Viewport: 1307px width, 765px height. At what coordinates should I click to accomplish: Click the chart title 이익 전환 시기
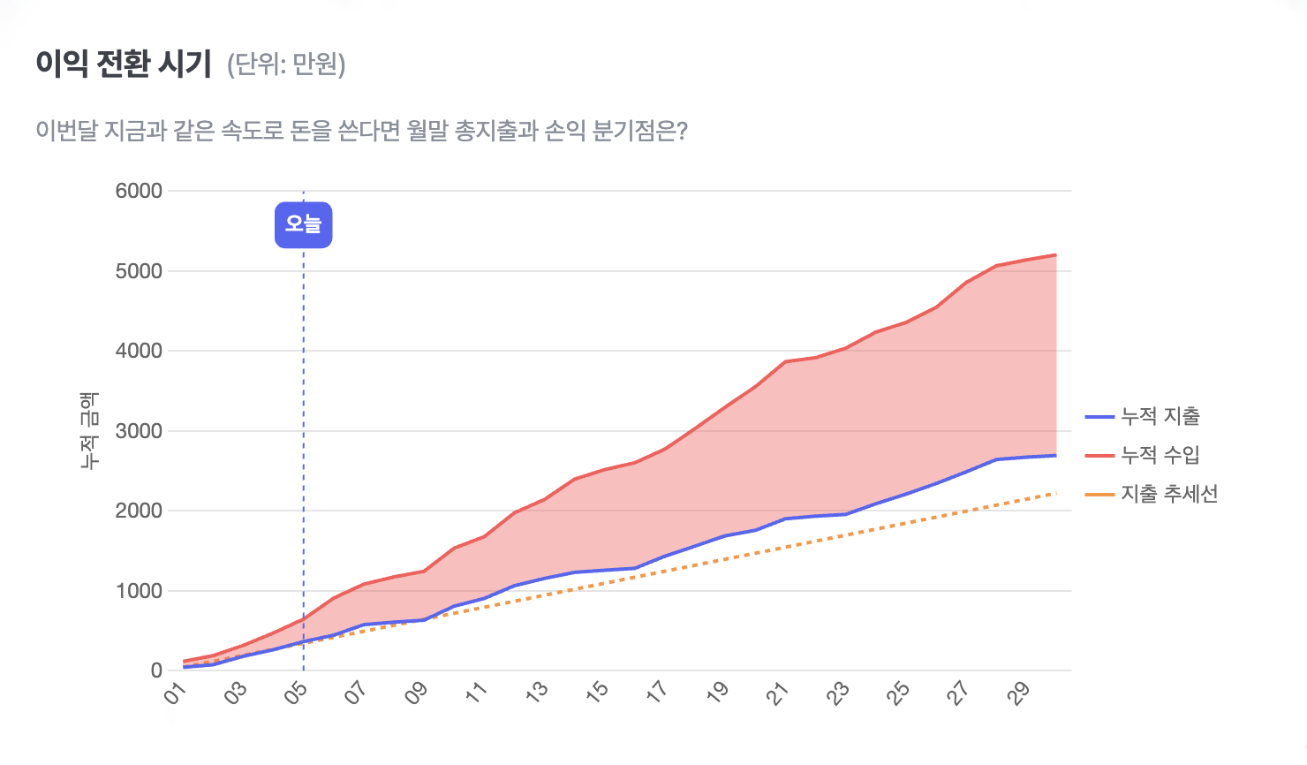pyautogui.click(x=124, y=64)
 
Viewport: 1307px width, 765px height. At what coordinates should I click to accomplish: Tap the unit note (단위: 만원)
pyautogui.click(x=286, y=64)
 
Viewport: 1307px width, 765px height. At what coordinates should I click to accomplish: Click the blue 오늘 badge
pyautogui.click(x=303, y=224)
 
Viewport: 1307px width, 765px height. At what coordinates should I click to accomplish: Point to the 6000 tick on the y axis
pyautogui.click(x=139, y=191)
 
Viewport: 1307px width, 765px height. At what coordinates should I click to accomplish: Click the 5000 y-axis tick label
pyautogui.click(x=139, y=271)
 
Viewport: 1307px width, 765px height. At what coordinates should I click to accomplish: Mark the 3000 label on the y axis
pyautogui.click(x=139, y=431)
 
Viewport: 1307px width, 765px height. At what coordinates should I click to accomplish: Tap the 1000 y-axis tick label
pyautogui.click(x=139, y=591)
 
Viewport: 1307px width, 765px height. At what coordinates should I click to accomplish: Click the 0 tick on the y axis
pyautogui.click(x=156, y=670)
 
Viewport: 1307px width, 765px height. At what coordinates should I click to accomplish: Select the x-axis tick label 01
pyautogui.click(x=177, y=693)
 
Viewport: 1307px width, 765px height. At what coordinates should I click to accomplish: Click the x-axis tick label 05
pyautogui.click(x=297, y=693)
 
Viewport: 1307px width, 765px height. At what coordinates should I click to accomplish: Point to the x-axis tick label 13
pyautogui.click(x=537, y=693)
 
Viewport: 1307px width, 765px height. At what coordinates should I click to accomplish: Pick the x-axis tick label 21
pyautogui.click(x=777, y=693)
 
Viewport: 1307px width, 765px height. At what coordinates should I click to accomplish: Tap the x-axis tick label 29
pyautogui.click(x=1019, y=693)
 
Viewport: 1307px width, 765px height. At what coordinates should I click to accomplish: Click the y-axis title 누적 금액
pyautogui.click(x=89, y=431)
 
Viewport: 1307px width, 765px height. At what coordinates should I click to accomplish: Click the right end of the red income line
pyautogui.click(x=1055, y=255)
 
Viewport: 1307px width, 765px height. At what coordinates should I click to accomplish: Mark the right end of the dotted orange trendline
pyautogui.click(x=1055, y=493)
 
